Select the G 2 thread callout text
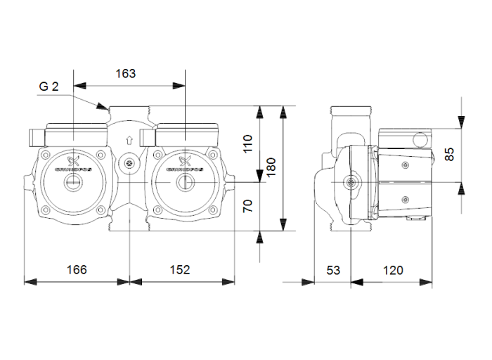48,86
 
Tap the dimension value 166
76,269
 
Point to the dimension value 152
181,269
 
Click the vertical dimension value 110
247,143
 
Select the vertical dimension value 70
247,206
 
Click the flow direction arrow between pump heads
129,139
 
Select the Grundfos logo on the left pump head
70,165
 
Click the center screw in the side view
351,184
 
